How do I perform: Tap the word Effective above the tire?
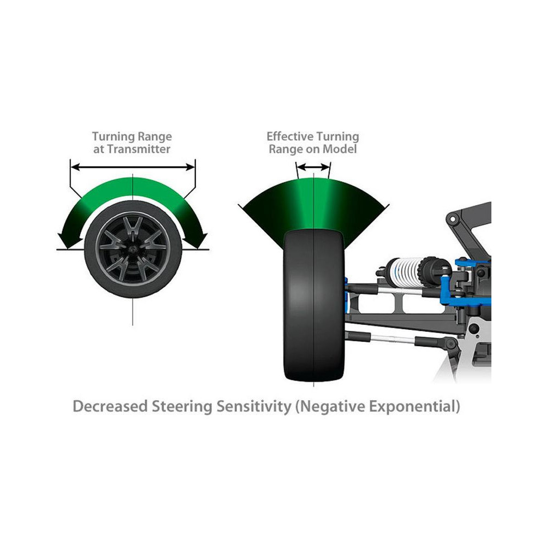pyautogui.click(x=289, y=136)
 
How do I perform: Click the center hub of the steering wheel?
pyautogui.click(x=133, y=248)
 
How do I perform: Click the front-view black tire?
pyautogui.click(x=313, y=306)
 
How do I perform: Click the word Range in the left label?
pyautogui.click(x=155, y=136)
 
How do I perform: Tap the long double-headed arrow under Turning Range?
pyautogui.click(x=133, y=167)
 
